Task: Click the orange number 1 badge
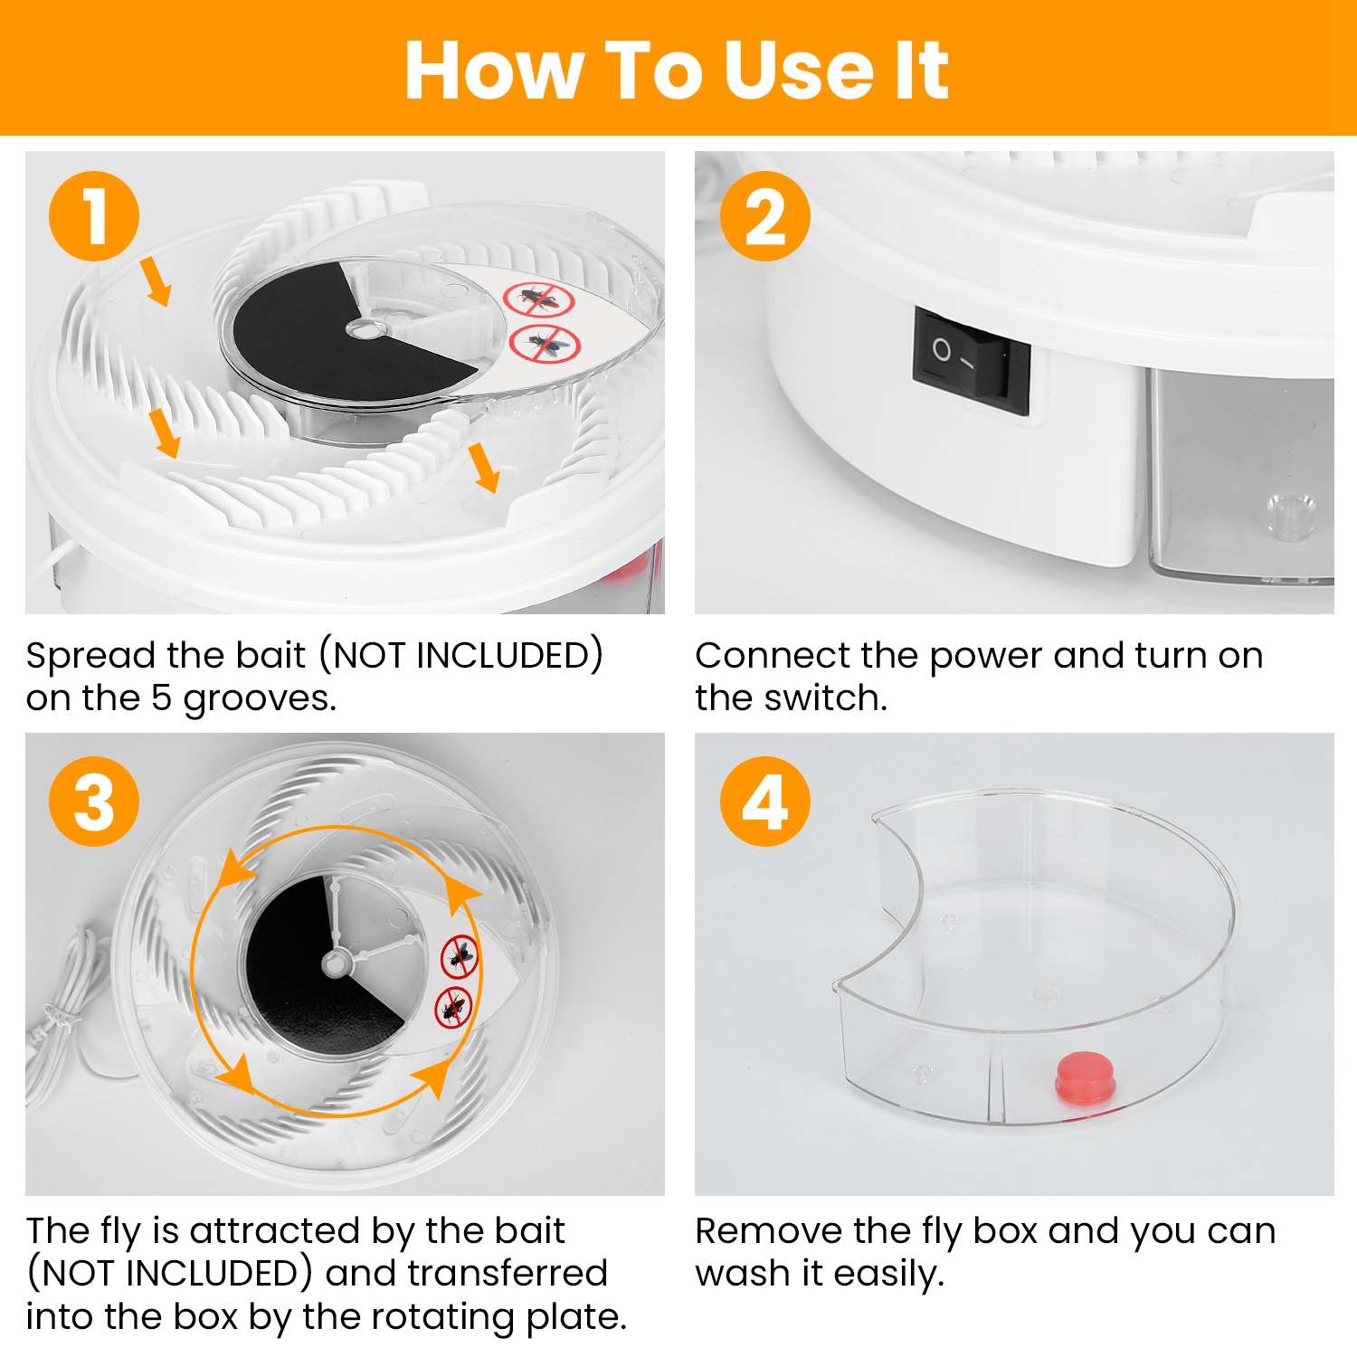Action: pos(94,216)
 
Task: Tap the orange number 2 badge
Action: pos(765,216)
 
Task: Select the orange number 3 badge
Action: pos(94,802)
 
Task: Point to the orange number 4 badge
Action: pos(765,802)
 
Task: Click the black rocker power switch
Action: pos(971,360)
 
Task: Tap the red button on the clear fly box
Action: pos(1086,1077)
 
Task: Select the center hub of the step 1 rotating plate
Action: pos(364,329)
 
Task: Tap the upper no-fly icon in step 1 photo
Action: pos(538,299)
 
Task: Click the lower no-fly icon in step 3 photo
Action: pos(453,1008)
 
